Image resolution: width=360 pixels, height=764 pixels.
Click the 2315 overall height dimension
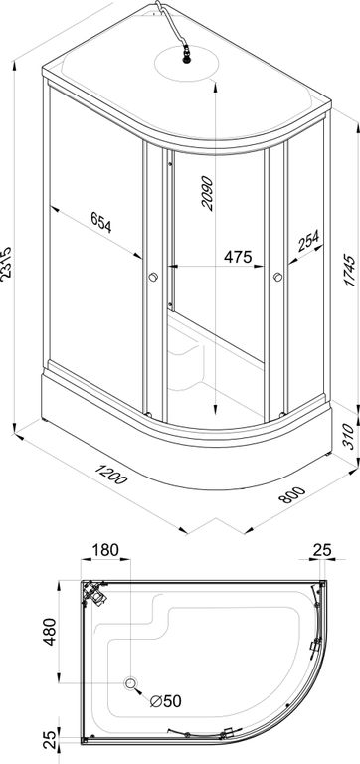click(6, 262)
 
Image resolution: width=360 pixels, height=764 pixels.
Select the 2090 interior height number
click(208, 193)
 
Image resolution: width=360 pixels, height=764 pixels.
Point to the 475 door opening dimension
click(238, 257)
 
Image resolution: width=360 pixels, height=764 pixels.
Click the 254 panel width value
click(308, 241)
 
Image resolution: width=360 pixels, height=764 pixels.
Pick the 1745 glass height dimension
click(350, 270)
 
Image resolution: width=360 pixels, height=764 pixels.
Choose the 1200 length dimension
click(111, 475)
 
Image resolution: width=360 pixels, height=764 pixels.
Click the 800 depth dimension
click(291, 493)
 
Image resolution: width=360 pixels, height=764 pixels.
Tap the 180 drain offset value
click(105, 549)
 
